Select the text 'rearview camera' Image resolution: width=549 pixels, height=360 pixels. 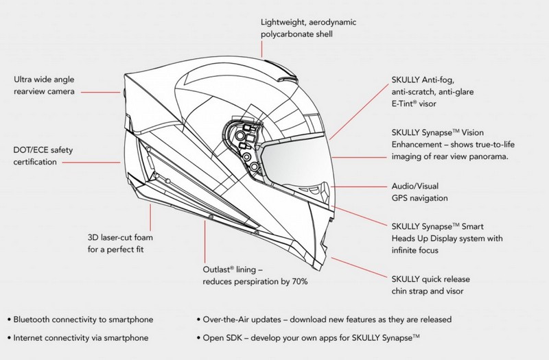(44, 91)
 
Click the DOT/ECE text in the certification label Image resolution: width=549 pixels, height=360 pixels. (28, 150)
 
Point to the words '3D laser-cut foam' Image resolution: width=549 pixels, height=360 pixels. (120, 237)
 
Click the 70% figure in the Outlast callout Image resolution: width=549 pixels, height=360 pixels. (300, 282)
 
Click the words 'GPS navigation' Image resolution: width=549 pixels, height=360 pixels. (419, 198)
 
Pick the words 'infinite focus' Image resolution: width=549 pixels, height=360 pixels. (415, 250)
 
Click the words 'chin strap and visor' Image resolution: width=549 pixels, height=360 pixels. (428, 291)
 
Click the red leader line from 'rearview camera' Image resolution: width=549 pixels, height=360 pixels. (101, 93)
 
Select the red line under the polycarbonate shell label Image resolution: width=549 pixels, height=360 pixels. (261, 49)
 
